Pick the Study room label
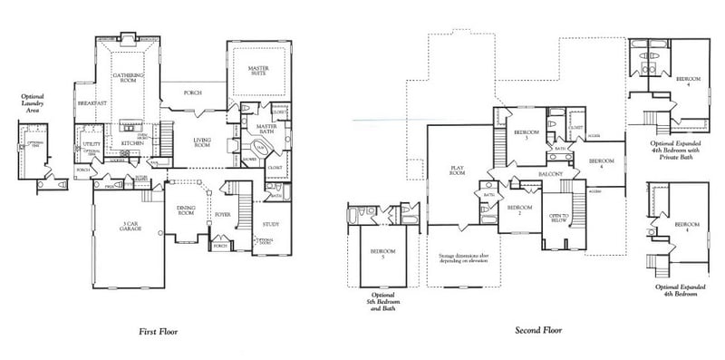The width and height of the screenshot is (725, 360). [270, 222]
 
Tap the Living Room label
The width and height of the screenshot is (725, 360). [201, 142]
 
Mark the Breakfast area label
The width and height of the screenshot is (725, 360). [92, 104]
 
